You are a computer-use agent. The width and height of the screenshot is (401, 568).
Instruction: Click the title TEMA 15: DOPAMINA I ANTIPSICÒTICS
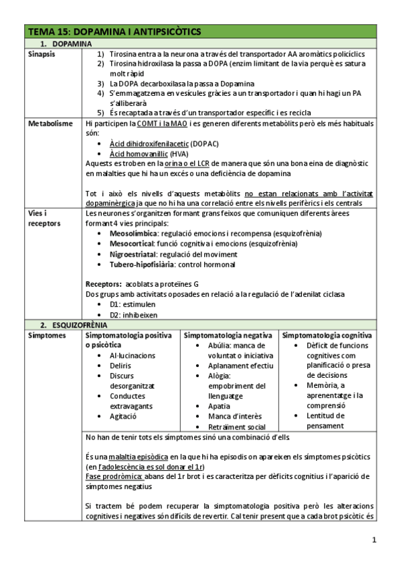click(x=114, y=31)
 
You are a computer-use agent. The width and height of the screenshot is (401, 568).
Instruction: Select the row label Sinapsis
click(x=42, y=54)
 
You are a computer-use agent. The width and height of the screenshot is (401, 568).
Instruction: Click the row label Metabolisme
click(x=50, y=124)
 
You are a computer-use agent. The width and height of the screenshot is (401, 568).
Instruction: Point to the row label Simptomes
click(x=46, y=334)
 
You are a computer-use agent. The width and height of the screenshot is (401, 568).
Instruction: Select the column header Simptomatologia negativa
click(x=228, y=334)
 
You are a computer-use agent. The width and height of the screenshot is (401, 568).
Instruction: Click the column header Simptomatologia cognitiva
click(x=327, y=334)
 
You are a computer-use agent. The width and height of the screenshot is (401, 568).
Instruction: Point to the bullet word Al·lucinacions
click(x=133, y=355)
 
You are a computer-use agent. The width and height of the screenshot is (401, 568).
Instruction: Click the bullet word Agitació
click(x=123, y=416)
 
